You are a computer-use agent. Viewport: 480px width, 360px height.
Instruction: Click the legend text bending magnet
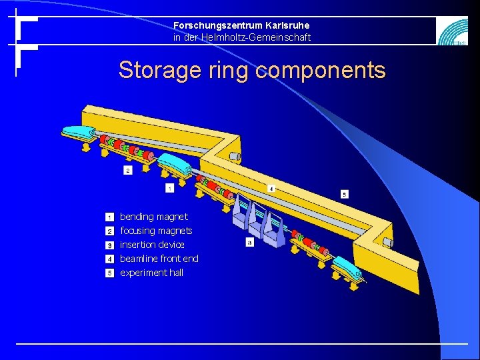coord(154,217)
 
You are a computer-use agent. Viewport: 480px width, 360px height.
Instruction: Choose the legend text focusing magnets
coord(156,231)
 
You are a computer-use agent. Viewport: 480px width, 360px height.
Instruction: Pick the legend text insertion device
coord(153,245)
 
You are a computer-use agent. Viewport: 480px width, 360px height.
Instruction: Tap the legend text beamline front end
coord(159,259)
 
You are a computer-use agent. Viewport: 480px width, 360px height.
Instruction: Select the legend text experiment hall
coord(152,273)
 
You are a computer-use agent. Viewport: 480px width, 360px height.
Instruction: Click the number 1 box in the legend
coord(109,217)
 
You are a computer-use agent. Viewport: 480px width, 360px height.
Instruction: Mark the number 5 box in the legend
coord(109,273)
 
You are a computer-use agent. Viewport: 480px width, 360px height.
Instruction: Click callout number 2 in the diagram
coord(128,171)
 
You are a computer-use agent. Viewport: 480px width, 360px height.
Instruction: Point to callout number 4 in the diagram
coord(271,189)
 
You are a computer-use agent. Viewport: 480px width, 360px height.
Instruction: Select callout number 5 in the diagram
coord(344,195)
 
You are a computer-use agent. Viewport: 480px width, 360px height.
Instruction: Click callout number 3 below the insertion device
coord(249,243)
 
